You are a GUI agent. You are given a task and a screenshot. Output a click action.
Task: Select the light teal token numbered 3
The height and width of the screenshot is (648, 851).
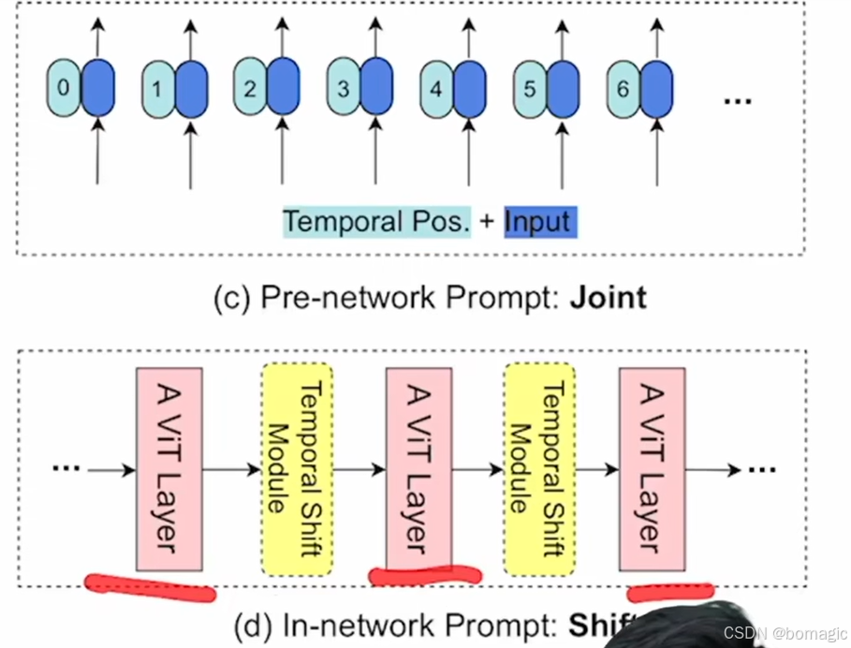tap(343, 89)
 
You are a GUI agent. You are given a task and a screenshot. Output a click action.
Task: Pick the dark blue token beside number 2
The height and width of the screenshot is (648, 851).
tap(283, 89)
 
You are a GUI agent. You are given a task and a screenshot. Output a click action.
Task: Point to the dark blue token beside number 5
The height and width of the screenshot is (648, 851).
tap(563, 90)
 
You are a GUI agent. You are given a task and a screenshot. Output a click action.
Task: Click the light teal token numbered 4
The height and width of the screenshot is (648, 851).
tap(435, 90)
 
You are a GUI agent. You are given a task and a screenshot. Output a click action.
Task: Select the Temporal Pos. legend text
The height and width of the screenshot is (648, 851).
tap(376, 222)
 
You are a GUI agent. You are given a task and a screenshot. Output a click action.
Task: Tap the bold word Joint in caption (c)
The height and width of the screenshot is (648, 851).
tap(609, 298)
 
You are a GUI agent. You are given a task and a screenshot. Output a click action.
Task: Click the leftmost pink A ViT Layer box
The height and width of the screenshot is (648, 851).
tap(169, 468)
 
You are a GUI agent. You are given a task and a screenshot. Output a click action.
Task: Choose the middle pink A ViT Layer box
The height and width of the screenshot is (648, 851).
tap(418, 468)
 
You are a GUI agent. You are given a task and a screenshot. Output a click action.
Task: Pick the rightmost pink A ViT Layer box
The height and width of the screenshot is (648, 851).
tap(652, 468)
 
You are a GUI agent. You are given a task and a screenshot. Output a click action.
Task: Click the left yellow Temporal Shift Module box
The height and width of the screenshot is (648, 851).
tap(297, 468)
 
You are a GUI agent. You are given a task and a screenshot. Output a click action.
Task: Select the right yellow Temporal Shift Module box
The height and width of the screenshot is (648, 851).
tap(539, 468)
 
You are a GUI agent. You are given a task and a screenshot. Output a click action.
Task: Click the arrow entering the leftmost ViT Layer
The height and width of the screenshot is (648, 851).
tap(112, 469)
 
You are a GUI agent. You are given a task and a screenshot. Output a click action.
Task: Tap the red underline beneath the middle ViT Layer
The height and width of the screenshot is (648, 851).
tap(425, 574)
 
